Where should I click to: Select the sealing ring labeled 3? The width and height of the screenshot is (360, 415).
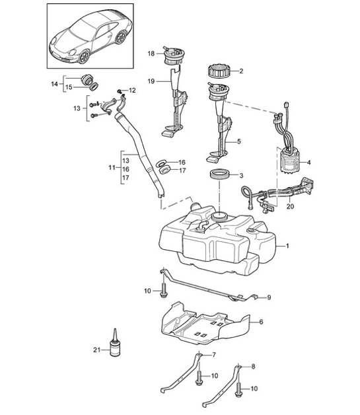[220, 176]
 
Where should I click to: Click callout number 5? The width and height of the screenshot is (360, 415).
[238, 141]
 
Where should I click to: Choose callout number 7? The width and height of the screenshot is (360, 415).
[213, 356]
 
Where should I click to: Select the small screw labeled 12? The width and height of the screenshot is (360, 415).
[120, 90]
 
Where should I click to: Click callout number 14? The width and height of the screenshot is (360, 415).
[55, 83]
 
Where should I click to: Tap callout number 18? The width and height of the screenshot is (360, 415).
[150, 53]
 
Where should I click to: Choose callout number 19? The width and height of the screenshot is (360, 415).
[150, 81]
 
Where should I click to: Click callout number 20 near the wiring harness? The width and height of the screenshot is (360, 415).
[290, 205]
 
